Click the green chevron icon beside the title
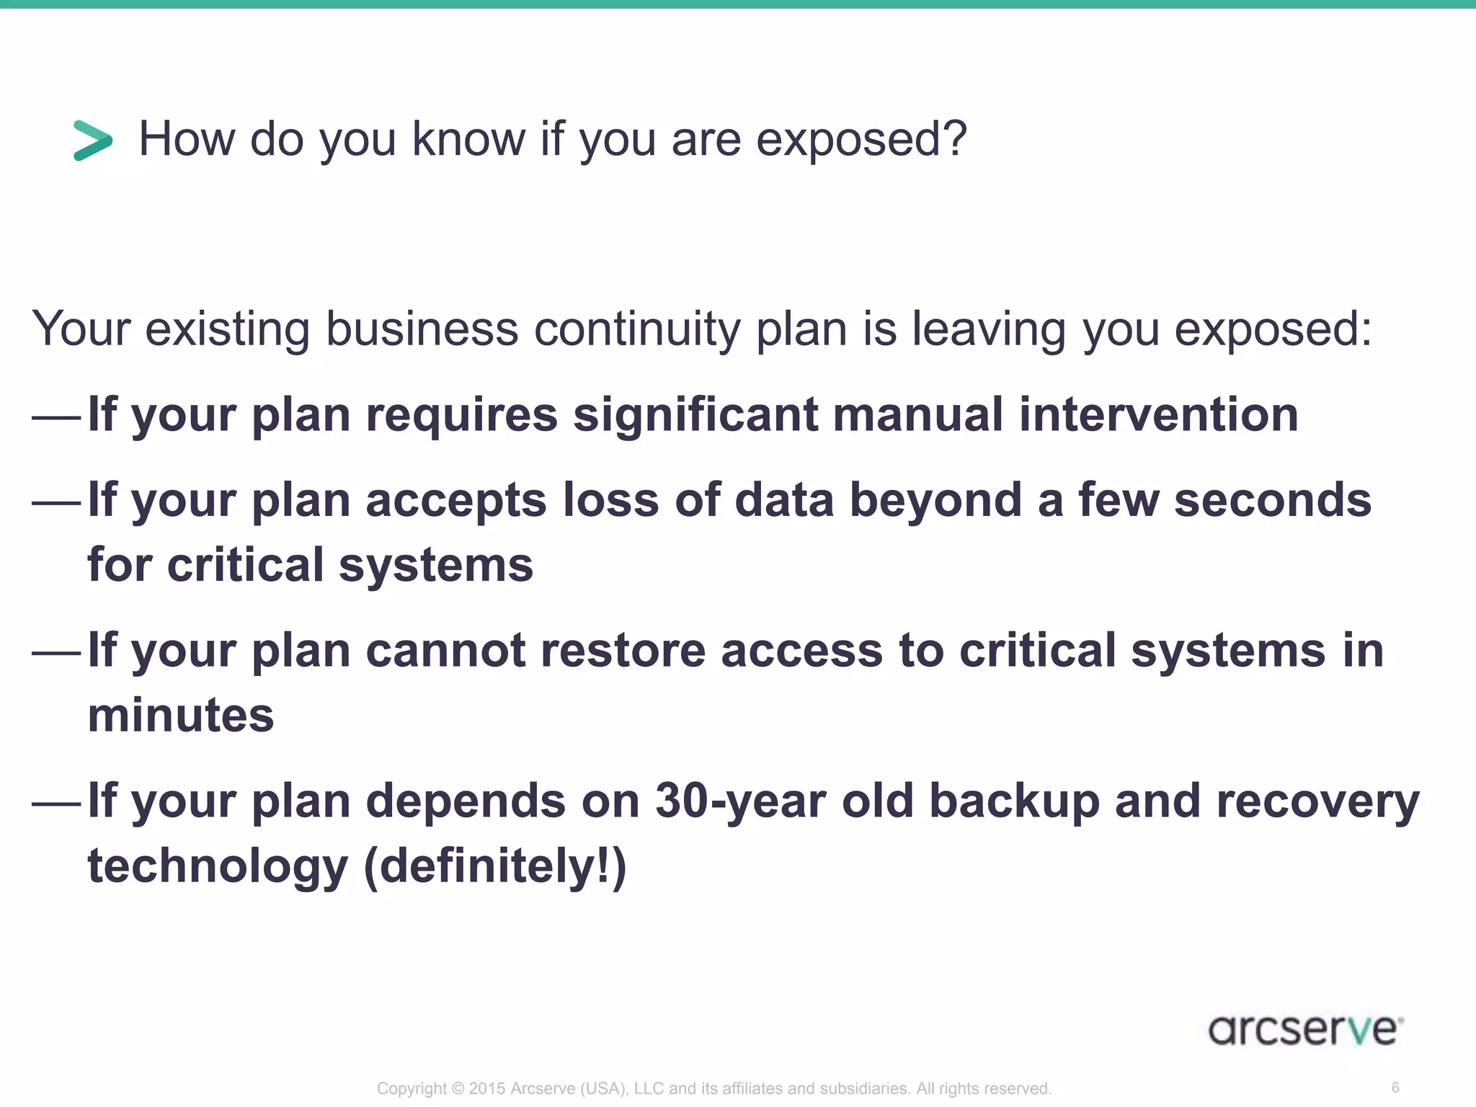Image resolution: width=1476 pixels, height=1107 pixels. click(93, 140)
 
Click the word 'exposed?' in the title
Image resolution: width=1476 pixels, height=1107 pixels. click(861, 140)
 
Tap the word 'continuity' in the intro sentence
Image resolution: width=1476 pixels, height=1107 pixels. click(637, 329)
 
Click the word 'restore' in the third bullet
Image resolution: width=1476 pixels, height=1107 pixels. click(623, 651)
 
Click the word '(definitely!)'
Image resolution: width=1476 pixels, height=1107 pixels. click(495, 866)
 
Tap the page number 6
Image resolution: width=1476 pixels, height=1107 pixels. click(1395, 1088)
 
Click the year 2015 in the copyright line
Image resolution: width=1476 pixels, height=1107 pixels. click(487, 1088)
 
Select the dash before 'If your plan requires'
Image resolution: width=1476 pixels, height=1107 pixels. click(56, 417)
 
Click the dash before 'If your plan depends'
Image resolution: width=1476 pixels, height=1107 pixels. click(56, 803)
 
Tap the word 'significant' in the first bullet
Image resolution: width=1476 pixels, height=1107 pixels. click(695, 415)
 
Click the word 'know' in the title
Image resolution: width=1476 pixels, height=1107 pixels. click(468, 140)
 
